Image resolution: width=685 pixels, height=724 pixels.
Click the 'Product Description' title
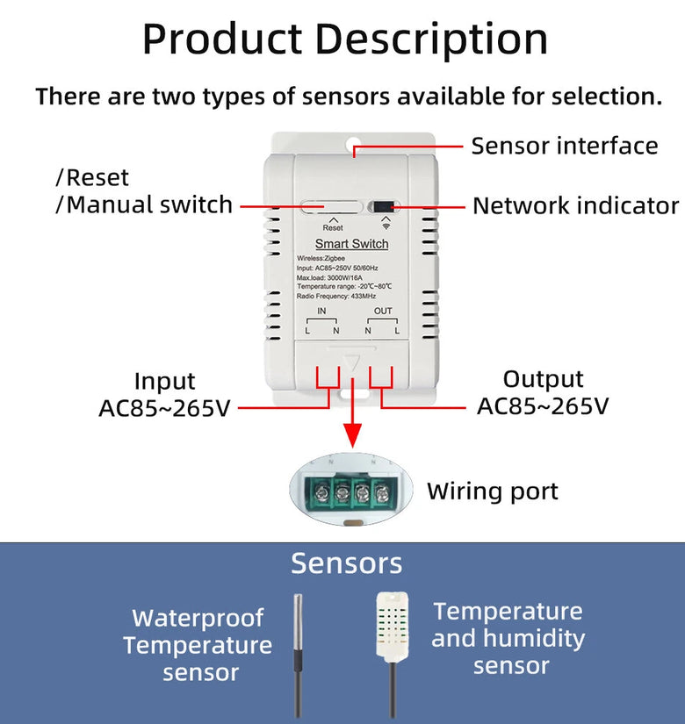click(344, 39)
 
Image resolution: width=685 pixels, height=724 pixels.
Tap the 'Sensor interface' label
click(564, 146)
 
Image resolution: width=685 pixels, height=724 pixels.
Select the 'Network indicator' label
click(575, 206)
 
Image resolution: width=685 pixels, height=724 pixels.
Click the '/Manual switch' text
click(144, 205)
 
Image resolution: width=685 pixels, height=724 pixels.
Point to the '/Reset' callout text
click(92, 178)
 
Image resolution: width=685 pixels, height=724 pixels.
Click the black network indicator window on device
click(385, 208)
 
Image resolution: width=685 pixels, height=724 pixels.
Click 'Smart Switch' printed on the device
click(351, 243)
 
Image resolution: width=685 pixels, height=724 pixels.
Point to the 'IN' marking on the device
click(321, 312)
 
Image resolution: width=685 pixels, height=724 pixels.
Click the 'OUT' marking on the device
click(383, 312)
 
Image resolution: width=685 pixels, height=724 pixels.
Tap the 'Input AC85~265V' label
click(164, 395)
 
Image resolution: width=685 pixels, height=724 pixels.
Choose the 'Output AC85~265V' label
click(543, 392)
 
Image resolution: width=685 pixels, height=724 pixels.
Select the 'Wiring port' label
click(492, 491)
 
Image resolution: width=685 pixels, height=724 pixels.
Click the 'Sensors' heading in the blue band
click(346, 563)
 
